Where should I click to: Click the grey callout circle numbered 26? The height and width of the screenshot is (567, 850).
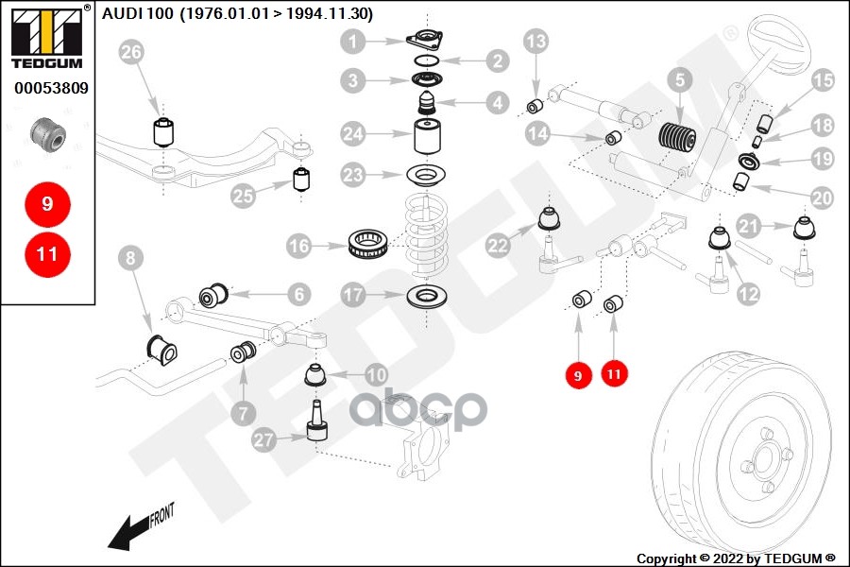click(131, 52)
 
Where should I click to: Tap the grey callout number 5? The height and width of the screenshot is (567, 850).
click(680, 80)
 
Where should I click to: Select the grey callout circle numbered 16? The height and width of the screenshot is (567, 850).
click(299, 246)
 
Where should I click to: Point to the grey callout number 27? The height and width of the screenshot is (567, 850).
click(264, 438)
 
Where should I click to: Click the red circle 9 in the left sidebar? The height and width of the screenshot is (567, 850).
click(48, 204)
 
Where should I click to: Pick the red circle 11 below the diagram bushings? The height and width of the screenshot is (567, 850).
click(614, 374)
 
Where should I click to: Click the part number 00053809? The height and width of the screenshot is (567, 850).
click(52, 88)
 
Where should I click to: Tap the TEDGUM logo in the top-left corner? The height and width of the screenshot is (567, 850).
click(47, 37)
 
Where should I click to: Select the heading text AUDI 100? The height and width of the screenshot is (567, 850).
click(138, 13)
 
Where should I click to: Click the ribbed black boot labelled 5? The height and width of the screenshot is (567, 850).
click(677, 140)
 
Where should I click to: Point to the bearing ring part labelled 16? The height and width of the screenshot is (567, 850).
click(367, 244)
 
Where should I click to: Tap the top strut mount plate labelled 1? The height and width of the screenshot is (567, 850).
click(424, 40)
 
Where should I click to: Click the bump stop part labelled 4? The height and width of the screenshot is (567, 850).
click(428, 103)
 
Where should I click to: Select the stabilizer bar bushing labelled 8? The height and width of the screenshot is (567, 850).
click(162, 350)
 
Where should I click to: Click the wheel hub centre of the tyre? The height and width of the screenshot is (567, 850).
click(762, 458)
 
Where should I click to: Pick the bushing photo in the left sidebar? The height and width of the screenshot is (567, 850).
click(48, 134)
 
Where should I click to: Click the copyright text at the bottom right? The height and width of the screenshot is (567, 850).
click(736, 558)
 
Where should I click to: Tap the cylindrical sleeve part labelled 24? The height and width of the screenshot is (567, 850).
click(428, 137)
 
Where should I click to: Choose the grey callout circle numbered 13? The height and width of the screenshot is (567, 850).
click(536, 42)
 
